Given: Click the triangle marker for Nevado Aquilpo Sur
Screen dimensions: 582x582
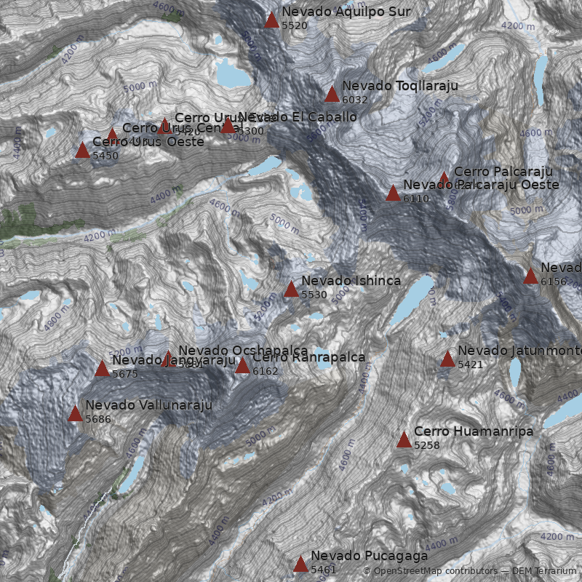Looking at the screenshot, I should (x=271, y=20).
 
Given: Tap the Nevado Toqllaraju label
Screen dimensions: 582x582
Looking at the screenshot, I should (x=399, y=86).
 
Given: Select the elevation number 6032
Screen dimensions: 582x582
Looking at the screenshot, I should (x=355, y=100).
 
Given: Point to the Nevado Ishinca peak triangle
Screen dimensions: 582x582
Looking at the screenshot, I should (x=291, y=289).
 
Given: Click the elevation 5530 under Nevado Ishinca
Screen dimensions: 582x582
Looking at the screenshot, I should (x=314, y=295).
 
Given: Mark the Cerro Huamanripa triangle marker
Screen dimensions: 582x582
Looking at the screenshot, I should (x=404, y=439).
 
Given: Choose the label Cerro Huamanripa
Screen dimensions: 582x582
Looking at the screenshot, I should (x=474, y=431).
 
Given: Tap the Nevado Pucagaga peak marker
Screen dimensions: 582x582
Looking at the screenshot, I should (x=300, y=564).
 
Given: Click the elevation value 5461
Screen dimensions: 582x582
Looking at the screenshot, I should (x=324, y=570).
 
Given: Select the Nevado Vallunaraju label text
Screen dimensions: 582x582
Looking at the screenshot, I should (x=148, y=405).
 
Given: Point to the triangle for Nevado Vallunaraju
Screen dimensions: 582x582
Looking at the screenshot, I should (x=75, y=414).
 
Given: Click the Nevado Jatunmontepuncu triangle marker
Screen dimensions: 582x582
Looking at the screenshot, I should (x=447, y=359).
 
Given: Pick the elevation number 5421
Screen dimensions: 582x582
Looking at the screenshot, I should (x=471, y=364).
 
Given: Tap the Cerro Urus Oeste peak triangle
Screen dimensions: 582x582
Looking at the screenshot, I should (x=82, y=151).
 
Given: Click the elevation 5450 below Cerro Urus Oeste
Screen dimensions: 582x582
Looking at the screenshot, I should (x=105, y=156).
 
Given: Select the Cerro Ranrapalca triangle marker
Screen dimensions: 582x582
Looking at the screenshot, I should (x=242, y=365).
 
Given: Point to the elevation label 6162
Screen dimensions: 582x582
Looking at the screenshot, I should (x=266, y=371).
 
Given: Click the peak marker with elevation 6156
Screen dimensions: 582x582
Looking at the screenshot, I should (x=530, y=276).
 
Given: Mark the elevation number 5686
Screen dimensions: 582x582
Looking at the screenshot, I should (x=98, y=419).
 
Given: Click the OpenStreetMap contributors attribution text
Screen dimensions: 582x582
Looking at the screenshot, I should (x=430, y=571).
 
